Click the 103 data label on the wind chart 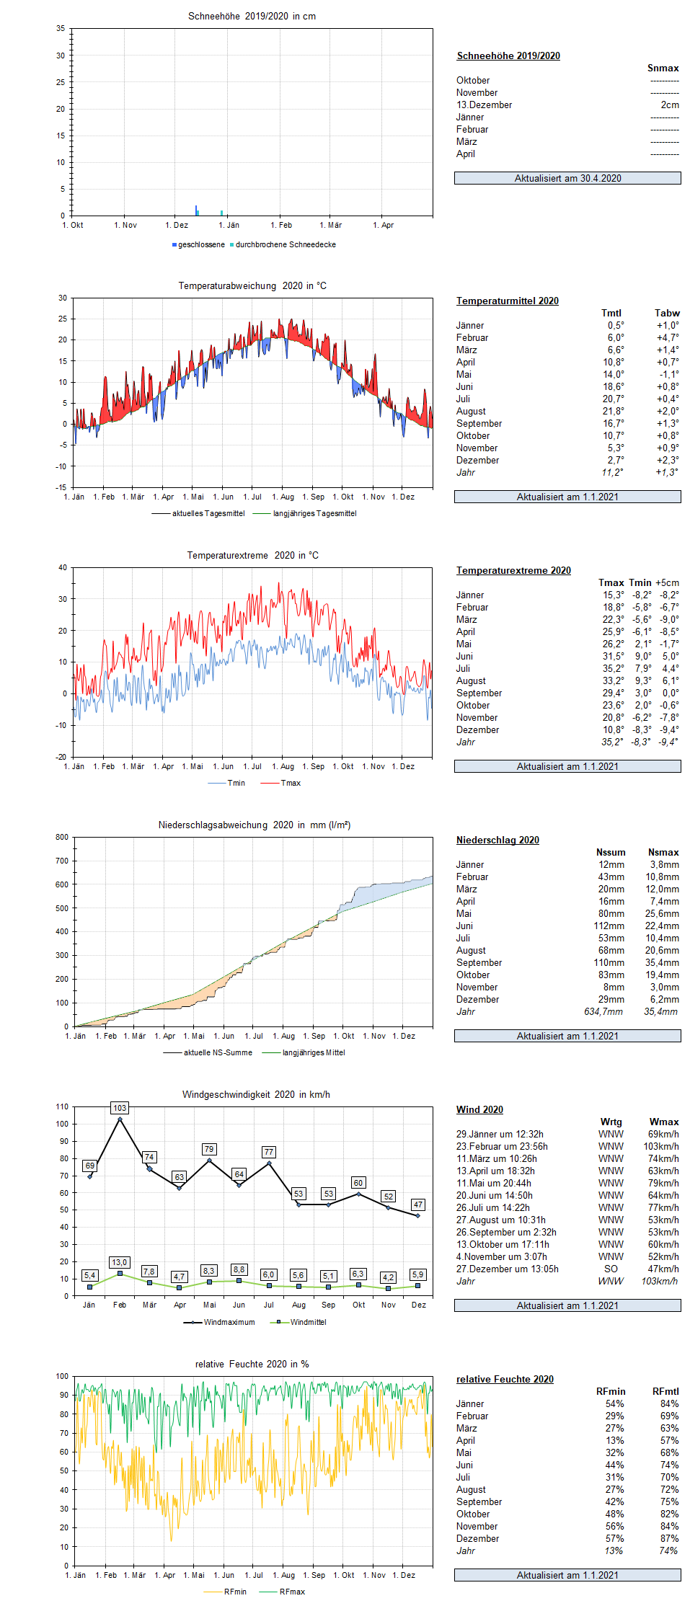[120, 1108]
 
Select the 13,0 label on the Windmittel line [120, 1262]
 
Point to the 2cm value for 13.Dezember [670, 105]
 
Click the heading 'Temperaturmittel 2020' [508, 301]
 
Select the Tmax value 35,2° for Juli [614, 668]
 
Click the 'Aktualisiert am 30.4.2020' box [567, 178]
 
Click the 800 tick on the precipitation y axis [62, 837]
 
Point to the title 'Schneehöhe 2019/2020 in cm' [252, 16]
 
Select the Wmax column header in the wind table [664, 1122]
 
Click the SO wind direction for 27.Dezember [611, 1269]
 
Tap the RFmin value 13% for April [614, 1440]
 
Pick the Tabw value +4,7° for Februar [667, 337]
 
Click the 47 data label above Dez [417, 1204]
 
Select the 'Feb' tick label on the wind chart [120, 1305]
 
